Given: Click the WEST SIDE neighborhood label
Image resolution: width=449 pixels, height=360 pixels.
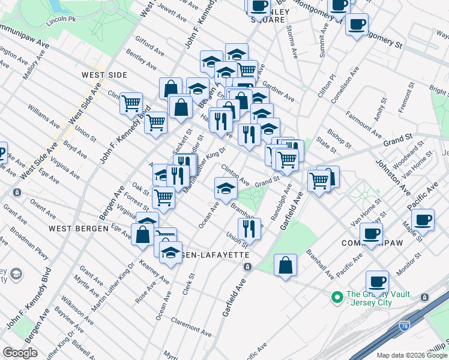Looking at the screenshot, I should click(104, 75).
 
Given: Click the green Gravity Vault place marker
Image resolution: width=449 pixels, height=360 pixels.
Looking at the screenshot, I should click(337, 296).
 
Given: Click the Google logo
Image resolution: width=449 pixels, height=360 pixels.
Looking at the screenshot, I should click(20, 353).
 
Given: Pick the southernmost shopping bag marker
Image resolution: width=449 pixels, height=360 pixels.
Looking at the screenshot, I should click(286, 264).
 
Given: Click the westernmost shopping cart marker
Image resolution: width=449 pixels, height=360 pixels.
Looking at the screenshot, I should click(131, 103).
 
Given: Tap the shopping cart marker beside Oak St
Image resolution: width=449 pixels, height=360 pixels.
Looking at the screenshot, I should click(163, 196).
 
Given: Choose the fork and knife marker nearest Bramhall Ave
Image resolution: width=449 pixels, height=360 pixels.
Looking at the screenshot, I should click(248, 227).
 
